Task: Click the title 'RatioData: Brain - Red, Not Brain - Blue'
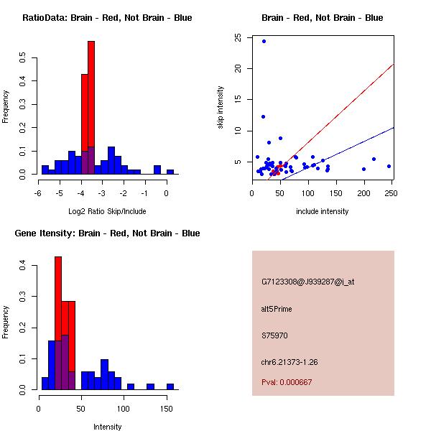107,18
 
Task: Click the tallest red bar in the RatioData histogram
91,108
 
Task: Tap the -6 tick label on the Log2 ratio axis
38,193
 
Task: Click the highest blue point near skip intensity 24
264,41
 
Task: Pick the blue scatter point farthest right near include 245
389,166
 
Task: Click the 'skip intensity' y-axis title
221,108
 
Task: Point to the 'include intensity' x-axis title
323,211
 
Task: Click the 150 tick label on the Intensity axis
167,408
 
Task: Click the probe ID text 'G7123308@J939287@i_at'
307,282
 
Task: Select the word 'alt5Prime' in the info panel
277,309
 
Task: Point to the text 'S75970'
274,335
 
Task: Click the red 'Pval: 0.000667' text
287,382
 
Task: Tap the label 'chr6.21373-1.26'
289,362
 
